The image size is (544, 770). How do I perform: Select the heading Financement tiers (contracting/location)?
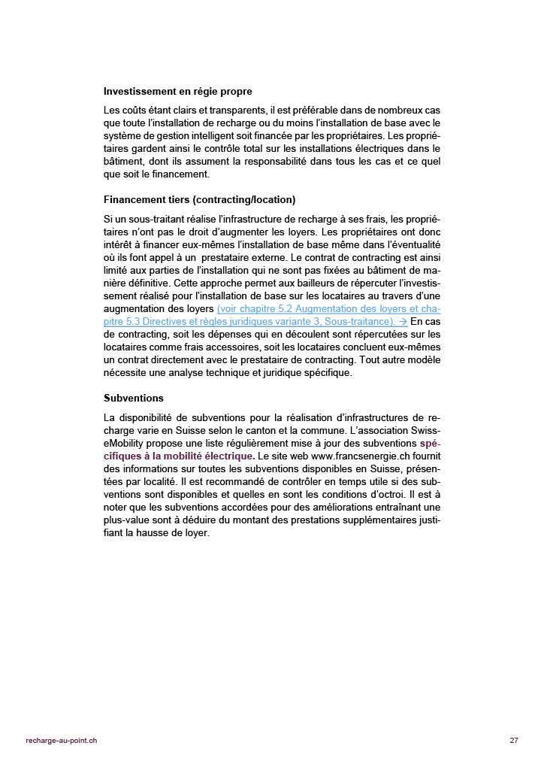click(199, 199)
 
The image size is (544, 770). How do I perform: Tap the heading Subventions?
click(133, 398)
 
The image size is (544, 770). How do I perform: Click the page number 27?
click(514, 741)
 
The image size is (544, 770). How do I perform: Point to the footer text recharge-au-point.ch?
click(61, 741)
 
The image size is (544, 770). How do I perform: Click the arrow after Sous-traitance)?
click(403, 321)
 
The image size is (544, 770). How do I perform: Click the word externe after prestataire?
click(267, 258)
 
